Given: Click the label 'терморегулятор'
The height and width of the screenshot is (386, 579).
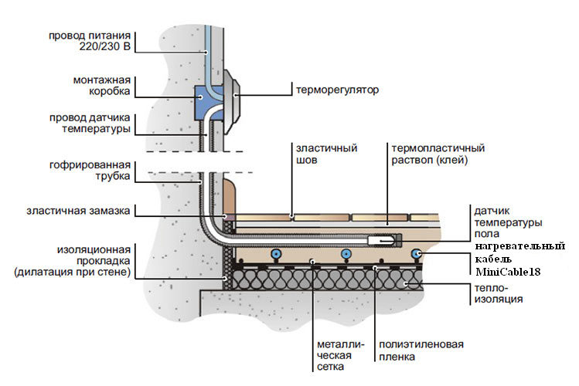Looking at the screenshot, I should click(x=338, y=90).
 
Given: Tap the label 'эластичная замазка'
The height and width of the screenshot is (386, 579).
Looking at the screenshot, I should click(x=80, y=210).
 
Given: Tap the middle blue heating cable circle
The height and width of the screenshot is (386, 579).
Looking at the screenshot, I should click(x=346, y=253).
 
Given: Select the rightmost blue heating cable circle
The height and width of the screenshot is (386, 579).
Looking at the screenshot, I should click(x=416, y=252).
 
